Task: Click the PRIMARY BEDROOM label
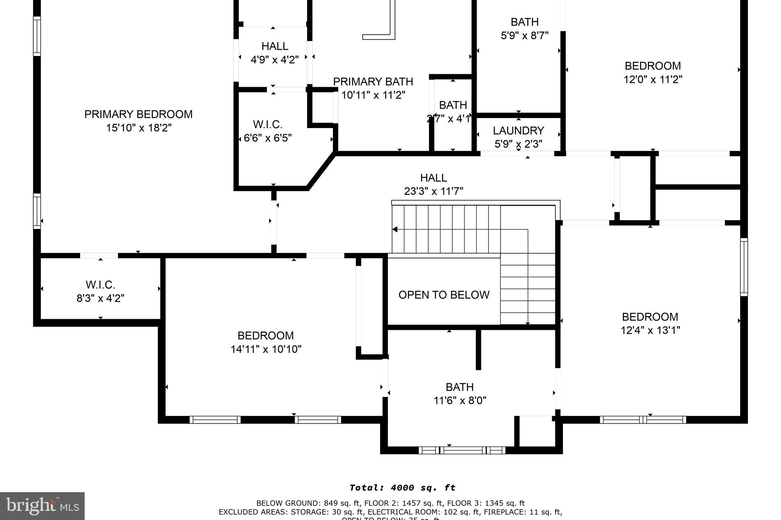click(138, 114)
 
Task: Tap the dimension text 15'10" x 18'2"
click(139, 128)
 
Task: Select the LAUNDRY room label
click(518, 131)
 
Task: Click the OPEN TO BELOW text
click(444, 295)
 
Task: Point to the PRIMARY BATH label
click(373, 82)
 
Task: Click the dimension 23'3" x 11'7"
click(434, 191)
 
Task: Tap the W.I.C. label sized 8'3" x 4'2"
click(100, 285)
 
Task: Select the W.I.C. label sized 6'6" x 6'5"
click(267, 125)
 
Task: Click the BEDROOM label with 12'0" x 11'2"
click(652, 66)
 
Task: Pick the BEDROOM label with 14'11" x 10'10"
click(265, 336)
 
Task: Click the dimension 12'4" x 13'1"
click(650, 330)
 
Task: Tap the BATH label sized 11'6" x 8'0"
click(460, 387)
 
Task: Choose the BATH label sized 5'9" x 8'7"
click(524, 22)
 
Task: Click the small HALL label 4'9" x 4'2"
click(275, 46)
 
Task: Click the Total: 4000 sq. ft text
click(402, 488)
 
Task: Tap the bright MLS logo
click(42, 506)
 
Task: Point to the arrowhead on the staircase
click(395, 229)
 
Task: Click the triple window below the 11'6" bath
click(462, 450)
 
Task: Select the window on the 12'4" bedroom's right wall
click(744, 267)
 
